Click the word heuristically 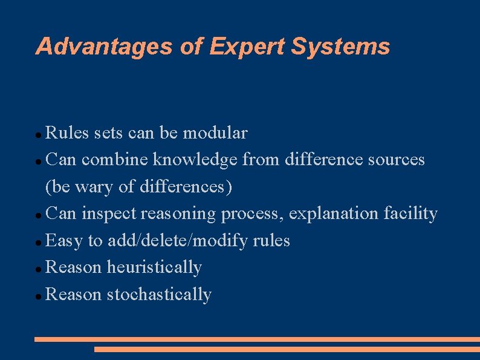click(154, 267)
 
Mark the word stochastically click(159, 295)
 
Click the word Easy click(65, 241)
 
